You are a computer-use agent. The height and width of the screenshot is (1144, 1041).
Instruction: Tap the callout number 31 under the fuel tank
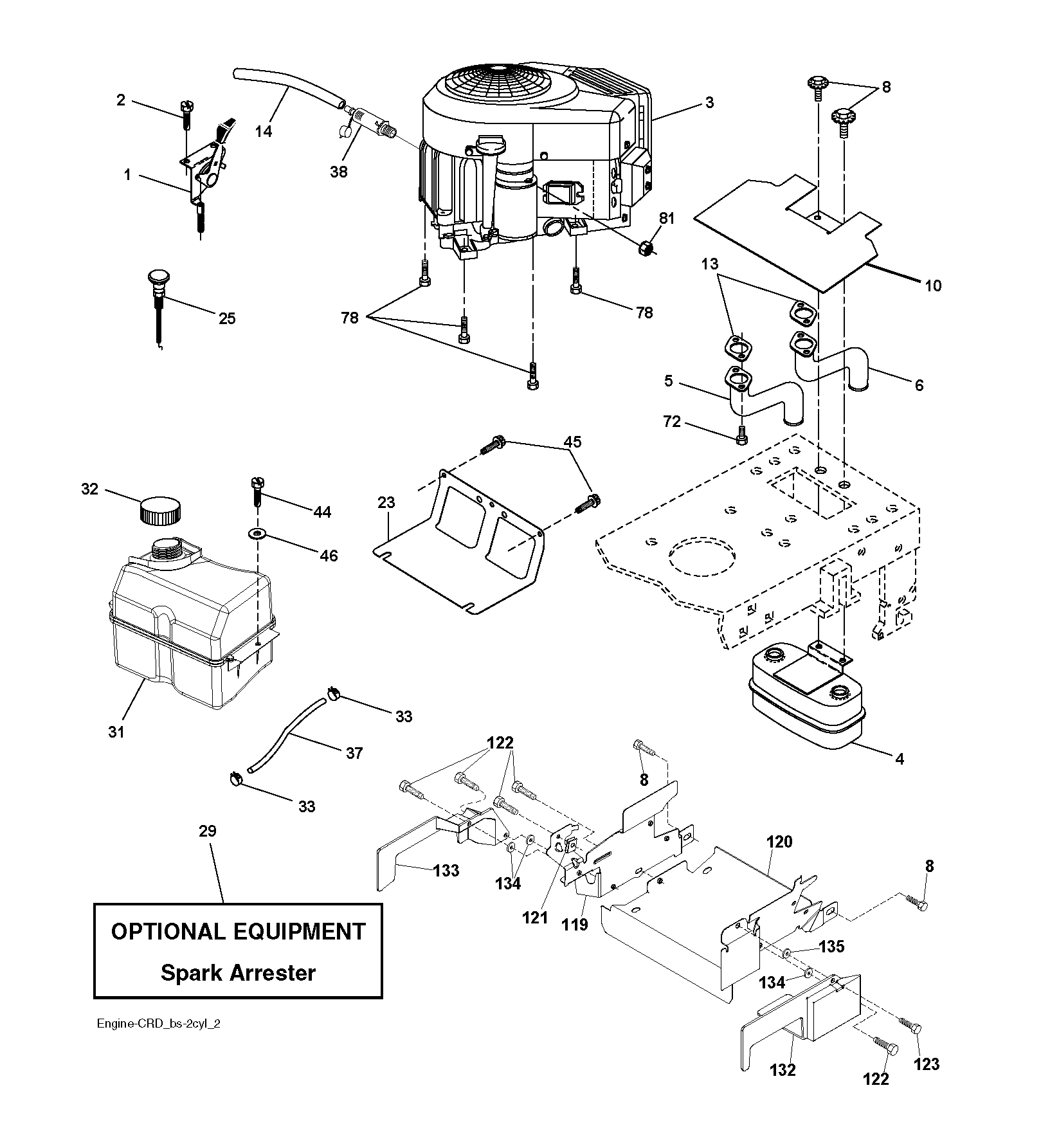coord(116,732)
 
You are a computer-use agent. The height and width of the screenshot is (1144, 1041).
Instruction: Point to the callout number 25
coord(227,318)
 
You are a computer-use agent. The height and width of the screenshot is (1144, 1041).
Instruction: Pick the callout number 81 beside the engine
coord(667,219)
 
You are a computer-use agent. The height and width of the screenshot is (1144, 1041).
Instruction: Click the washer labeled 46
coord(259,533)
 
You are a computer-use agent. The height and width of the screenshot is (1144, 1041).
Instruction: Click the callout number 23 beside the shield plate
coord(386,502)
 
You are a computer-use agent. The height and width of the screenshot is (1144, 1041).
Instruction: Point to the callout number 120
coord(779,842)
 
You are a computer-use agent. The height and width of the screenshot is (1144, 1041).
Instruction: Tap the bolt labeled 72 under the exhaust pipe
coord(741,435)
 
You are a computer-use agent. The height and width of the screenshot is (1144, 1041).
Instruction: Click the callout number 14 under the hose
coord(264,131)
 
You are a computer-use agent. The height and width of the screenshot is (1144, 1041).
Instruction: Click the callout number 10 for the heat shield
coord(932,286)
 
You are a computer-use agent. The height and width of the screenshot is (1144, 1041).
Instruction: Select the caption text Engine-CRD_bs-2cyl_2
coord(156,1042)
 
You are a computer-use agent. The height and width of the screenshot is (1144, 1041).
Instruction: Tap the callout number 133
coord(446,871)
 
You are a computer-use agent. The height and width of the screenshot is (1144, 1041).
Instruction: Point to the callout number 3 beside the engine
coord(709,103)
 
